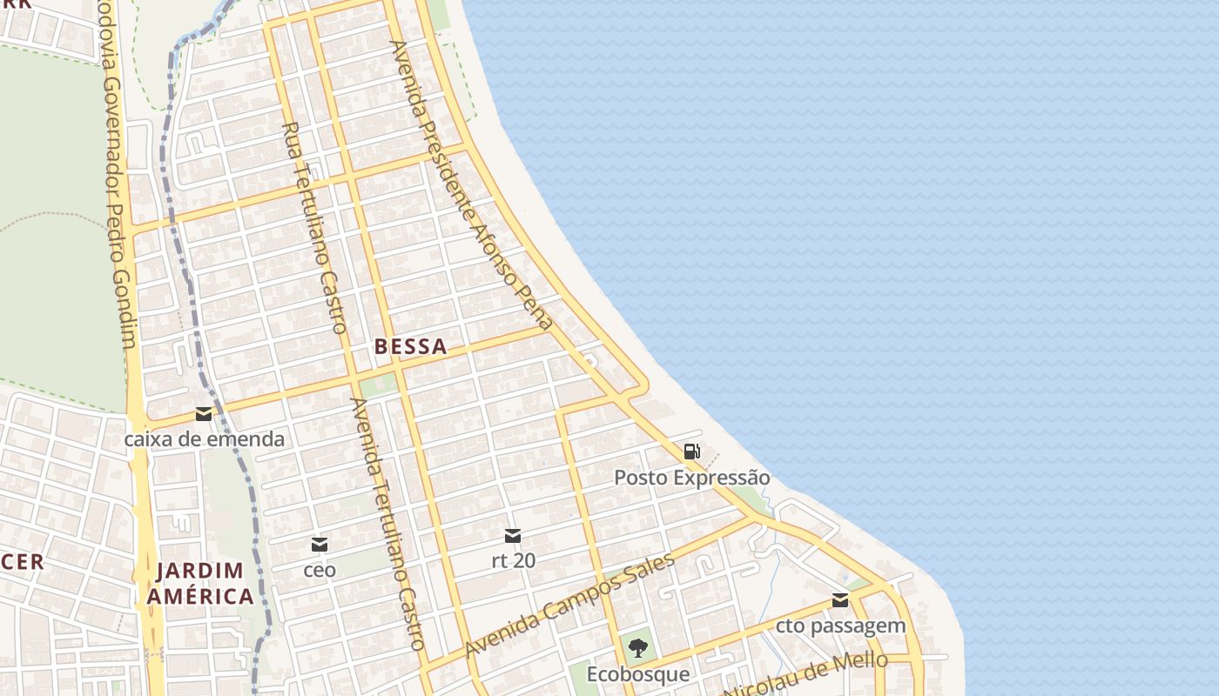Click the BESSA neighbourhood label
[x=410, y=346]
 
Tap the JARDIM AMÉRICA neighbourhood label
[x=200, y=584]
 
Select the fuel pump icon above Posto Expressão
[x=692, y=451]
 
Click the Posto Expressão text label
[x=692, y=478]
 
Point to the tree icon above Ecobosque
[x=638, y=647]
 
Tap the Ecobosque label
[x=638, y=674]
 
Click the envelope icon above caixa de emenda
[x=204, y=413]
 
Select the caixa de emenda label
[x=204, y=438]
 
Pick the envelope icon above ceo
[x=320, y=545]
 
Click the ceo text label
[x=320, y=571]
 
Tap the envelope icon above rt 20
[x=513, y=535]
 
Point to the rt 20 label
[x=513, y=560]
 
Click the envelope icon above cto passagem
[x=840, y=599]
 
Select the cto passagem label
[x=840, y=626]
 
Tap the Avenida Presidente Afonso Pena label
[x=471, y=184]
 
